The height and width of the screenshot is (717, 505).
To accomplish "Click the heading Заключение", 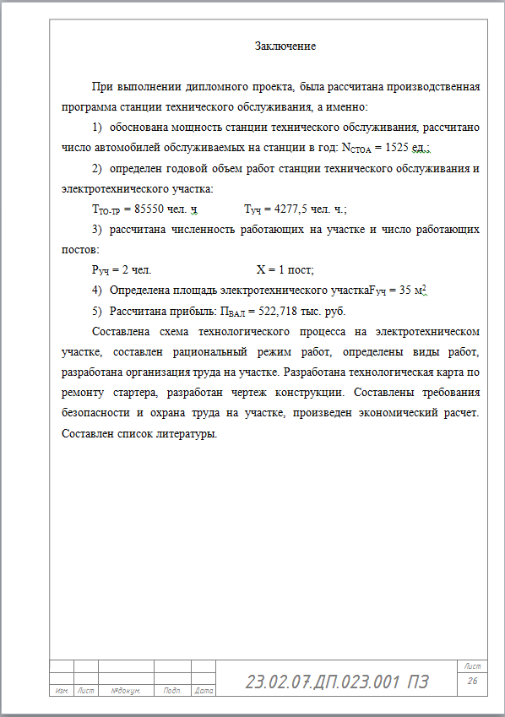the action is pyautogui.click(x=285, y=46).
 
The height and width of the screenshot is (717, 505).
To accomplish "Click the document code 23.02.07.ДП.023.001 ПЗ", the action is pyautogui.click(x=337, y=682).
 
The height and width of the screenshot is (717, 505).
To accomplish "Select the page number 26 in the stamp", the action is pyautogui.click(x=473, y=681).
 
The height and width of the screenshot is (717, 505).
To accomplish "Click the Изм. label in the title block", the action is pyautogui.click(x=61, y=691).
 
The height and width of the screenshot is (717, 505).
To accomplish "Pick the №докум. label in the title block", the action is pyautogui.click(x=126, y=691).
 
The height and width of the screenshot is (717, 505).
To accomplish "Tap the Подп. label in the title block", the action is pyautogui.click(x=172, y=691).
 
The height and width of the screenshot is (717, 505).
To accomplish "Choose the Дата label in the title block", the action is pyautogui.click(x=203, y=691).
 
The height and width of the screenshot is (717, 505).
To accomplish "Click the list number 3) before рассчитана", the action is pyautogui.click(x=96, y=230).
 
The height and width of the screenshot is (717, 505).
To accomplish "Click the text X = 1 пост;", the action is pyautogui.click(x=285, y=270).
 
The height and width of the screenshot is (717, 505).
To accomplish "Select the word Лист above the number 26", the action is pyautogui.click(x=473, y=667).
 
